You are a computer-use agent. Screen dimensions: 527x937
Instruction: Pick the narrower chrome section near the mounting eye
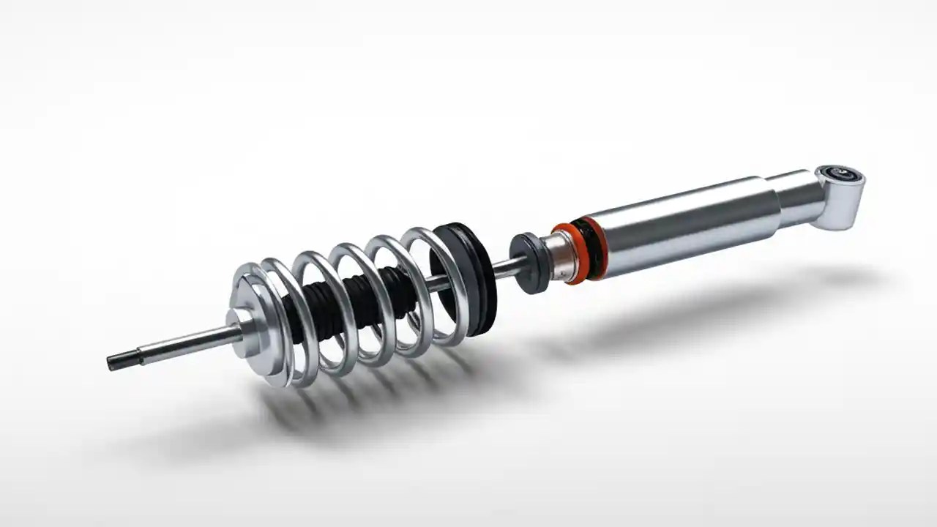(x=794, y=197)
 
